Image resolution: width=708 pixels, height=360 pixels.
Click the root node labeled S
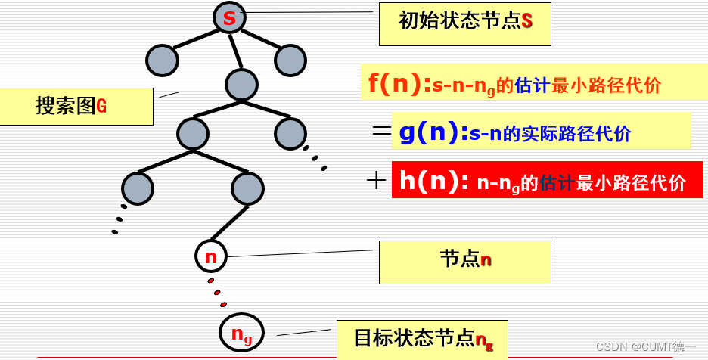click(229, 17)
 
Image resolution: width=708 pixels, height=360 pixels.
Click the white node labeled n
click(211, 256)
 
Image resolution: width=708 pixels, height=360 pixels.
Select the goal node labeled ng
click(241, 332)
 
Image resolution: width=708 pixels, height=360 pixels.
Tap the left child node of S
click(161, 61)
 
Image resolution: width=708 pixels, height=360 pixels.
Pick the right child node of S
click(290, 61)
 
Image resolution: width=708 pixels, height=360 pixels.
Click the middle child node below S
click(242, 84)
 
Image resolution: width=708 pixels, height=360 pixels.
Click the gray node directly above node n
click(247, 188)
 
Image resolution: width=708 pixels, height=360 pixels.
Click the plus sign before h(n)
click(376, 180)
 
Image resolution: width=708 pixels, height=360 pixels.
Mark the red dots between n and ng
click(217, 292)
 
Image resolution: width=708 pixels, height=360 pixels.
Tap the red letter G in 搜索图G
click(101, 107)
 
